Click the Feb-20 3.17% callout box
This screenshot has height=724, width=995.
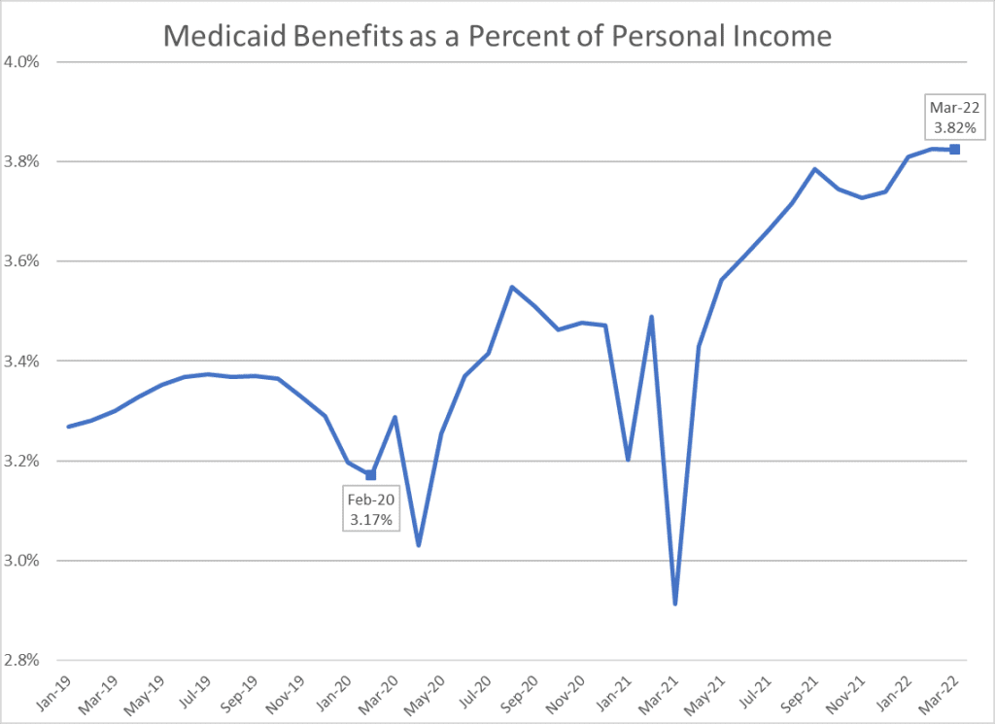pyautogui.click(x=370, y=511)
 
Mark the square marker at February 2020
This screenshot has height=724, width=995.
pyautogui.click(x=371, y=475)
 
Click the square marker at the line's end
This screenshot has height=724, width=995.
pyautogui.click(x=955, y=149)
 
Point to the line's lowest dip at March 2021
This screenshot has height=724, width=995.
pyautogui.click(x=675, y=603)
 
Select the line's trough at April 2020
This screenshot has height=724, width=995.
pyautogui.click(x=418, y=545)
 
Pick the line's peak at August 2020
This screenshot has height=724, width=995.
pyautogui.click(x=512, y=287)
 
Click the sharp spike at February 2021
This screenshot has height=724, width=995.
pyautogui.click(x=651, y=317)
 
